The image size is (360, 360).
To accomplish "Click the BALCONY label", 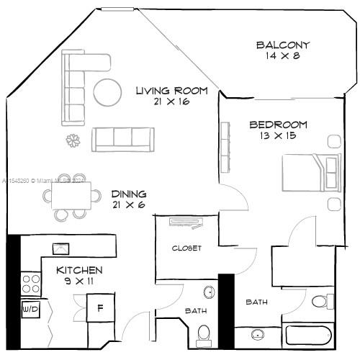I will point(283,45).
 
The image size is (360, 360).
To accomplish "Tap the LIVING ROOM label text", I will point(172,91).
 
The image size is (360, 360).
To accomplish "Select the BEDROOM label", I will point(279,124).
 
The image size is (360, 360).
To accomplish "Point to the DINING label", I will point(129,194).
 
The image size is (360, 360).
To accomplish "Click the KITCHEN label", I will point(80,270).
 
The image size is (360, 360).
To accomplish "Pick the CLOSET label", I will point(186,248).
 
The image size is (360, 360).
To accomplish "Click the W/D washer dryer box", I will point(30,310).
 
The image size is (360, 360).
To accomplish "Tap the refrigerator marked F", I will point(100,307).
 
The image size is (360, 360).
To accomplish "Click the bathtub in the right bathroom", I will point(308,335).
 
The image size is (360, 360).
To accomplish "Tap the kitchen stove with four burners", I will point(30,282).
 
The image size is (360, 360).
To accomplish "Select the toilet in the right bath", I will point(325,300).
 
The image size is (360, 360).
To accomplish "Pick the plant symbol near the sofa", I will point(72,140).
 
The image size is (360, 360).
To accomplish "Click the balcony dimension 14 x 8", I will point(283,55).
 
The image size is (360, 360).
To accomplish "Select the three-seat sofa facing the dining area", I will point(123,138).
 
